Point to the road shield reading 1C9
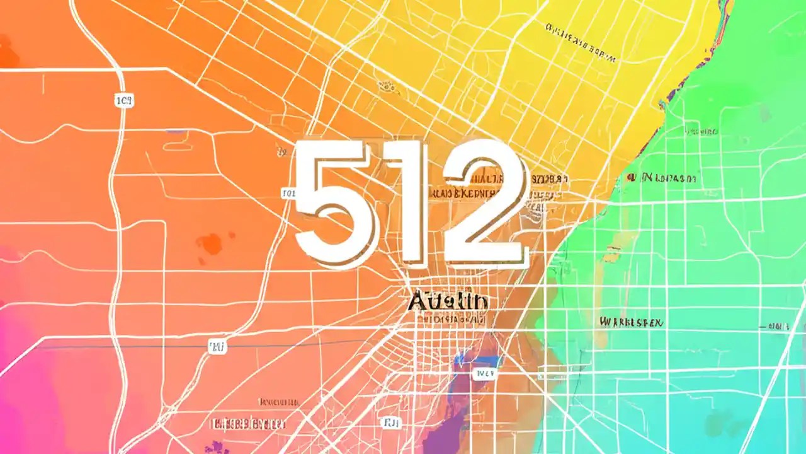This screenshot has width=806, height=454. tap(124, 100)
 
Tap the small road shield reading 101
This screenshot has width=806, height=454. tap(288, 194)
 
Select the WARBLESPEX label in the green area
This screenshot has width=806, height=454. tap(632, 322)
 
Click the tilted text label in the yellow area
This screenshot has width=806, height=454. tap(579, 43)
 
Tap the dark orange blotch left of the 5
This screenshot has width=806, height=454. tap(209, 243)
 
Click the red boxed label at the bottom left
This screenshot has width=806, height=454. tap(249, 423)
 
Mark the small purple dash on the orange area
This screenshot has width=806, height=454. tap(177, 132)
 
